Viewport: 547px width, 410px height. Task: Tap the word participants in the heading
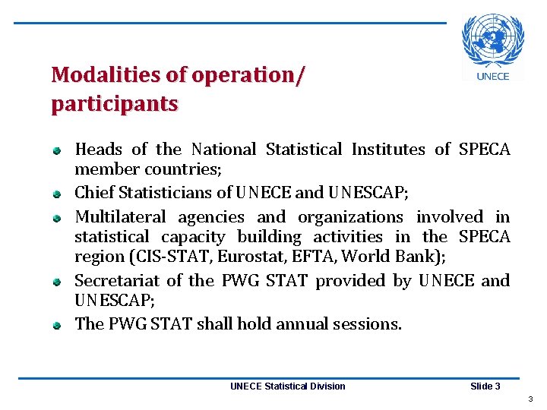115,103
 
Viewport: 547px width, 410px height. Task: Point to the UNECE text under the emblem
493,76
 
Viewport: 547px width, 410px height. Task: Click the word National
223,150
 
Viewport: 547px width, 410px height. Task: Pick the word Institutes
388,150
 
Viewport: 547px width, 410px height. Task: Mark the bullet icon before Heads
56,151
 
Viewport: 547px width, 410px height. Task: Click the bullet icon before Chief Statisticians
56,194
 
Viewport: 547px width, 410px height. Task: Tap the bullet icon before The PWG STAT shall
56,326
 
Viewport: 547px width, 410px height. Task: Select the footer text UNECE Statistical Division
287,386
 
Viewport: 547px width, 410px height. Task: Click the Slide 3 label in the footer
485,386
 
